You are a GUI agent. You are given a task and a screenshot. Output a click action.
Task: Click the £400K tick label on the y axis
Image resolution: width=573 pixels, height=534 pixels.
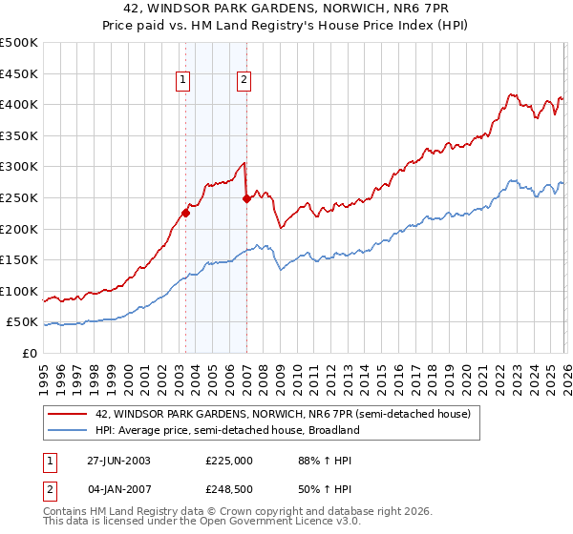(19, 104)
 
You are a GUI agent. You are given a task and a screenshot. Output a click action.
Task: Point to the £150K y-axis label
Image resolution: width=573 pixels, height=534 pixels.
(19, 259)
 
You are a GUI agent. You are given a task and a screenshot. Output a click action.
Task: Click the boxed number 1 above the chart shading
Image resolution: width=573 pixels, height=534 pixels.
(182, 81)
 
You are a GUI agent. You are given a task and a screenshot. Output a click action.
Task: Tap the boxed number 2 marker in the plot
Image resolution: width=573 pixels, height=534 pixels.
(244, 81)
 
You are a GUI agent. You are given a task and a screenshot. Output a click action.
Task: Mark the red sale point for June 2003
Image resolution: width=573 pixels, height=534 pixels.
(185, 214)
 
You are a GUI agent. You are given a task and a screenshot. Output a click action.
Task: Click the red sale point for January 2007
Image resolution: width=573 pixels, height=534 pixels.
(246, 199)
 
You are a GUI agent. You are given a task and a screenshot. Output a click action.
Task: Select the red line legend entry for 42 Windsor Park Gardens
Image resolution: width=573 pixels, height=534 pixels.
(283, 415)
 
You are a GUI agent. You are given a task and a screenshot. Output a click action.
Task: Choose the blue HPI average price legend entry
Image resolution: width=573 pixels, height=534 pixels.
(226, 430)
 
